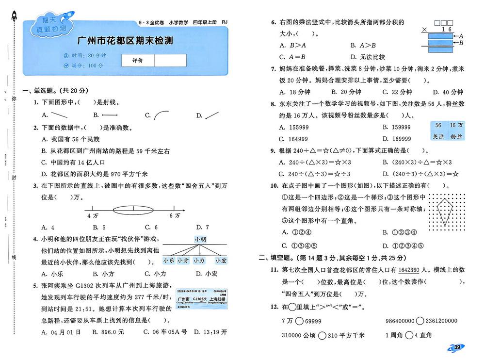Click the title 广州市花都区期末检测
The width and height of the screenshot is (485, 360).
tap(125, 41)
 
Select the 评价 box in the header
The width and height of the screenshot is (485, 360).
tap(137, 60)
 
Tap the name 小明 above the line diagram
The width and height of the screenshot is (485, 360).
tap(200, 239)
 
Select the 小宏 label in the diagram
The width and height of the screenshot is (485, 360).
tap(221, 261)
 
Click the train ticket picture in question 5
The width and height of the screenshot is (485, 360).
tap(201, 301)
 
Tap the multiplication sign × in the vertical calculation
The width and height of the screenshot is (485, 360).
tap(424, 30)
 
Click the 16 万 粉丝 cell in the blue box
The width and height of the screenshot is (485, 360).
tap(456, 131)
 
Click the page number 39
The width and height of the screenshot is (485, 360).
tap(457, 347)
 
